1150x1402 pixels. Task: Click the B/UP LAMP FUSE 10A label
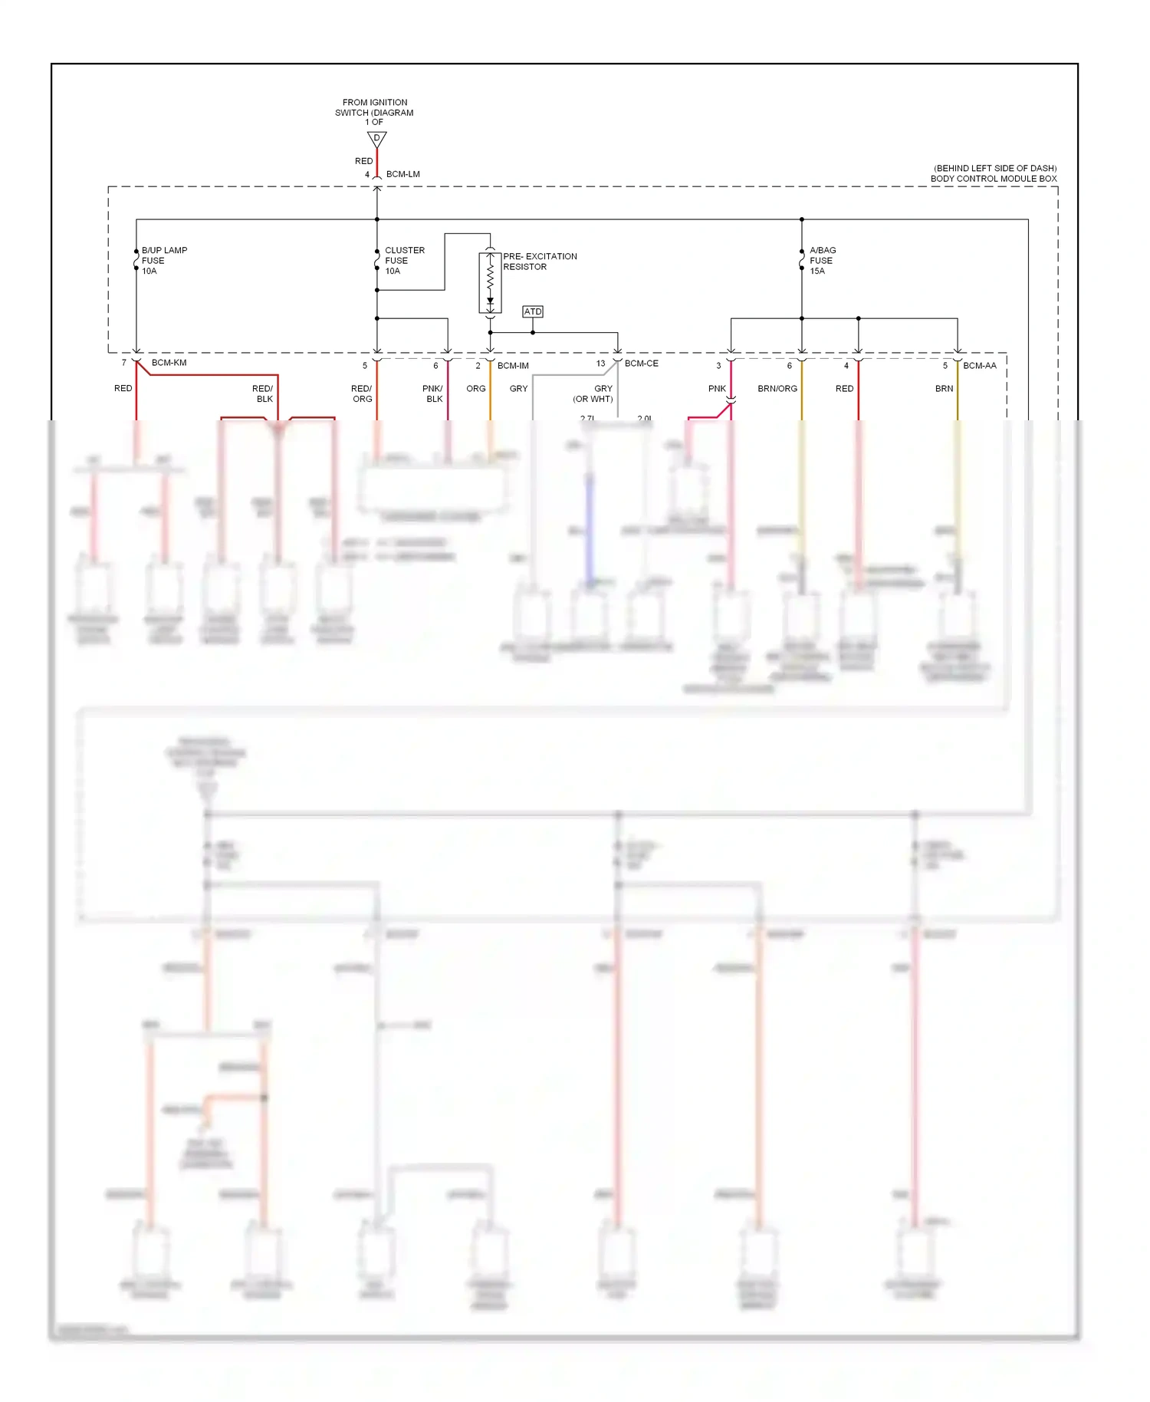coord(163,261)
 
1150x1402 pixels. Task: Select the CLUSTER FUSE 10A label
coord(403,261)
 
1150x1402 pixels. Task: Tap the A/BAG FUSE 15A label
coord(822,261)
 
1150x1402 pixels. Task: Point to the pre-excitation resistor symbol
coord(490,282)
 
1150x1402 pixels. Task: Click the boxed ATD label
coord(533,311)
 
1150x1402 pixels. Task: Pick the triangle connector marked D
coord(376,139)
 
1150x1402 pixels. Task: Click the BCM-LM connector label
coord(402,174)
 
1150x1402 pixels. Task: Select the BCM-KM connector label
coord(169,363)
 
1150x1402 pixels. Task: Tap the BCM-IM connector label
coord(513,366)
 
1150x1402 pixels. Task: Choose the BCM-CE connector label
coord(641,364)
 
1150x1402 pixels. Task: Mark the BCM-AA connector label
coord(979,366)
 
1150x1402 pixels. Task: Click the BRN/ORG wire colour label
coord(777,389)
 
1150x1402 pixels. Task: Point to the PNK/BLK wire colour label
coord(433,393)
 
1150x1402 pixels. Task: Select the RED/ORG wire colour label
coord(362,393)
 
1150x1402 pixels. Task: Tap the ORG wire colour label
coord(475,389)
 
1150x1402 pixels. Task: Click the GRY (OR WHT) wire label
coord(594,393)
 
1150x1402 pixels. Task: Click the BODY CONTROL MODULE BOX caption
coord(994,179)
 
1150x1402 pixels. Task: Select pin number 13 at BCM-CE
coord(600,364)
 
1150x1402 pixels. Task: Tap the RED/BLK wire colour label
coord(263,393)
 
